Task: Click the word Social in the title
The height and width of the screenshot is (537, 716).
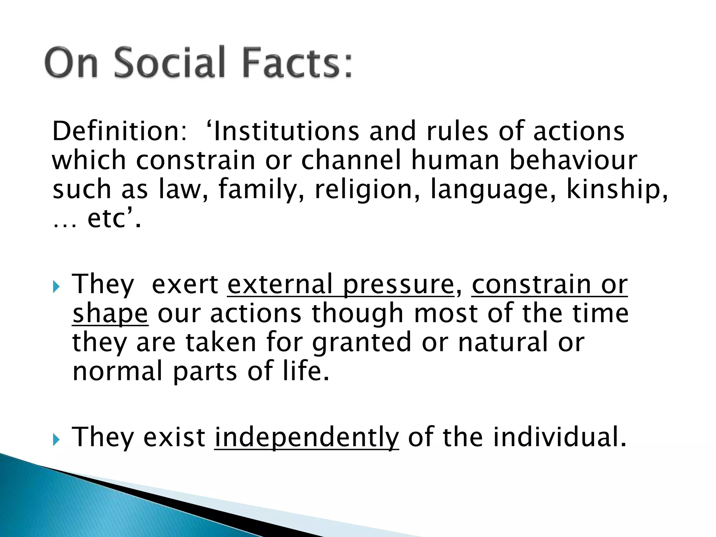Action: [169, 63]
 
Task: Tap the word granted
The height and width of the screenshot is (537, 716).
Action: [361, 343]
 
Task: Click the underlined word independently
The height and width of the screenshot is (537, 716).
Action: [307, 437]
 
